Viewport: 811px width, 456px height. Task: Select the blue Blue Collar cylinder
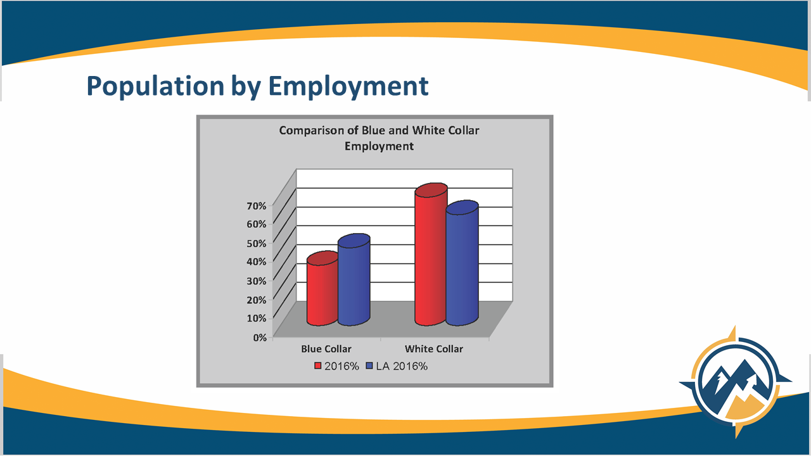tap(354, 280)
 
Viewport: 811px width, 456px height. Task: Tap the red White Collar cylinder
tap(431, 255)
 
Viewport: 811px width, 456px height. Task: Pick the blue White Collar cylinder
tap(462, 263)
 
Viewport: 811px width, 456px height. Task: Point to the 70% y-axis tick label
tap(257, 206)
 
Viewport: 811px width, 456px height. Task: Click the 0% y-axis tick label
tap(260, 338)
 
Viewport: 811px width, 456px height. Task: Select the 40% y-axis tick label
tap(257, 262)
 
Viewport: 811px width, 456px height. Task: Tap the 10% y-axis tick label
tap(257, 318)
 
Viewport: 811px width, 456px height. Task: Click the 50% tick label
tap(257, 243)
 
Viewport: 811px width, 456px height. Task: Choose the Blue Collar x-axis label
tap(326, 349)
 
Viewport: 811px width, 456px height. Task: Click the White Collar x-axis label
tap(434, 349)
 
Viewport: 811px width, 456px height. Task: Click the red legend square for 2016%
tap(318, 366)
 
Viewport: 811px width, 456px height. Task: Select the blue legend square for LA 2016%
tap(369, 366)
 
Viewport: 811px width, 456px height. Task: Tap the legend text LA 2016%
tap(402, 366)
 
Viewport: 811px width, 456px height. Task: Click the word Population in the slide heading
tap(156, 86)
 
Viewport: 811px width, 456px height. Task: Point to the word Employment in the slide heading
tap(348, 86)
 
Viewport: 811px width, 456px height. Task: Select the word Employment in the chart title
tap(379, 146)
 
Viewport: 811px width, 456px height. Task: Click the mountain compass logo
tap(736, 383)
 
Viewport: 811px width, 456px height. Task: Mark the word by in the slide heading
tap(246, 87)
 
